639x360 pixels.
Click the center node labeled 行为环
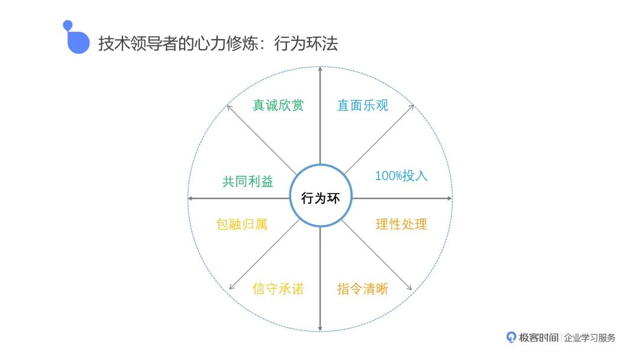pyautogui.click(x=320, y=198)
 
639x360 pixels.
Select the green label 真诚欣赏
pyautogui.click(x=278, y=105)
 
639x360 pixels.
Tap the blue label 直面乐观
pyautogui.click(x=363, y=105)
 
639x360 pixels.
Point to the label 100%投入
pyautogui.click(x=401, y=176)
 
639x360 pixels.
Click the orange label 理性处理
pyautogui.click(x=401, y=224)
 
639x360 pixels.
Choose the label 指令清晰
pyautogui.click(x=363, y=289)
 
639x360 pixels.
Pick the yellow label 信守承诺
pyautogui.click(x=278, y=289)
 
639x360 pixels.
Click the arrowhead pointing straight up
pyautogui.click(x=320, y=69)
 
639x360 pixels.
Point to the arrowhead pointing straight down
pyautogui.click(x=320, y=328)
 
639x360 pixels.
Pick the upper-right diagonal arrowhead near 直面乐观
pyautogui.click(x=411, y=107)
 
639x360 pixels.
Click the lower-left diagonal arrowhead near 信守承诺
pyautogui.click(x=230, y=289)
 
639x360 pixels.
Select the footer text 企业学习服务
pyautogui.click(x=590, y=337)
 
